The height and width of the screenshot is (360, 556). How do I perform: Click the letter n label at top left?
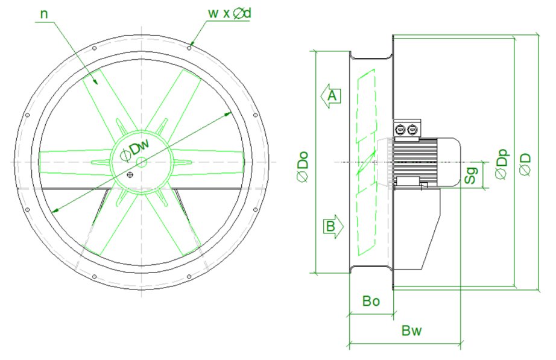(x=43, y=12)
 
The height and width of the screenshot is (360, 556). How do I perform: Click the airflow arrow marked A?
(x=330, y=95)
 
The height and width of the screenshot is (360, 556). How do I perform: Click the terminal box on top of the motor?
(x=406, y=128)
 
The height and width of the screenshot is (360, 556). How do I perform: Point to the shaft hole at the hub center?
(x=141, y=162)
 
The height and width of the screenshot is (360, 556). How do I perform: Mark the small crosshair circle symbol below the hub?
(x=130, y=175)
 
